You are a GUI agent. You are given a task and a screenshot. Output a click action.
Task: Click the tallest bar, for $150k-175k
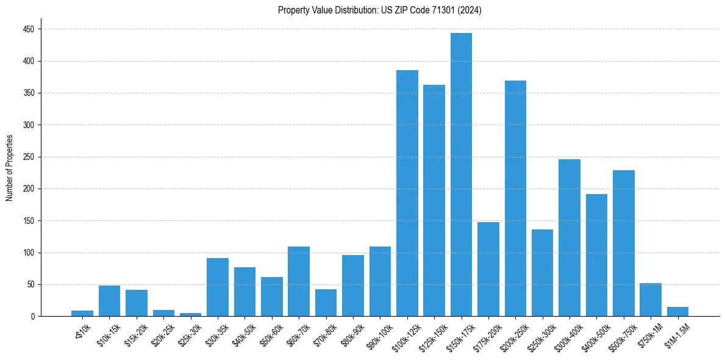[x=461, y=175]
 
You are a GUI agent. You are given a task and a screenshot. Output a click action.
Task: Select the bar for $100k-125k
[x=407, y=193]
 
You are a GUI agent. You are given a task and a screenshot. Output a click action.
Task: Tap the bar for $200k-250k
[x=515, y=198]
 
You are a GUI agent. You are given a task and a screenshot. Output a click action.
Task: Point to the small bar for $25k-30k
[x=190, y=314]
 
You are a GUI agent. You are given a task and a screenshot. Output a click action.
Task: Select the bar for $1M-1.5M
[x=677, y=312]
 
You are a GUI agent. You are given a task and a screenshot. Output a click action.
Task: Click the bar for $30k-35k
[x=218, y=287]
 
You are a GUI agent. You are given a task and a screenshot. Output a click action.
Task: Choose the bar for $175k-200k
[x=488, y=269]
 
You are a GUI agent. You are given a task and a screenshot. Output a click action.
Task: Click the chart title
[x=380, y=10]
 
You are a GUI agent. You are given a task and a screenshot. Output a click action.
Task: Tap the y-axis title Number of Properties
[x=10, y=168]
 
